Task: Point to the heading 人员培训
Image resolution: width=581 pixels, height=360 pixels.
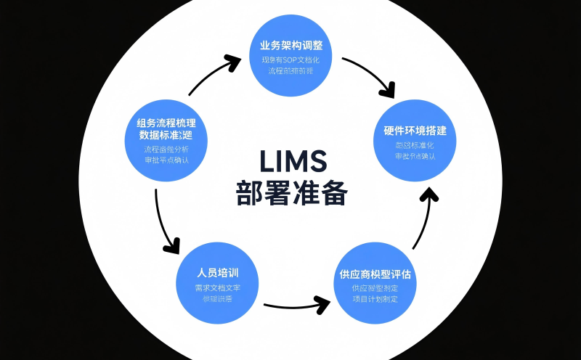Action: click(x=218, y=273)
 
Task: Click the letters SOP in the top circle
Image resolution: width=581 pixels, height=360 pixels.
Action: click(x=294, y=58)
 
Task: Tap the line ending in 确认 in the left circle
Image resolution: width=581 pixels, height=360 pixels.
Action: click(x=166, y=160)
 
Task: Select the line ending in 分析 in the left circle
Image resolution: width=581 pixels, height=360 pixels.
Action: click(x=166, y=150)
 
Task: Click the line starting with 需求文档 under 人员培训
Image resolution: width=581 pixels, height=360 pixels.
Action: click(x=218, y=287)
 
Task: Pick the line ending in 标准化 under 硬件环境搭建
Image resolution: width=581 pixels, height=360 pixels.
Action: click(x=415, y=145)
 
